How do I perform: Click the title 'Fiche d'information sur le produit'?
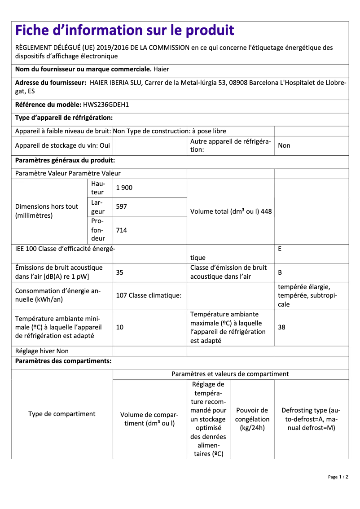(x=125, y=31)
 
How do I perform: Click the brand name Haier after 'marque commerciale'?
(x=161, y=70)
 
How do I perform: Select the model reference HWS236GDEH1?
(x=106, y=105)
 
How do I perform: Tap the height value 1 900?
(x=124, y=188)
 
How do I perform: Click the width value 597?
(x=122, y=207)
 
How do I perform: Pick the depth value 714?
(x=122, y=230)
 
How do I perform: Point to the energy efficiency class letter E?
(x=280, y=248)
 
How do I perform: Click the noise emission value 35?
(x=120, y=272)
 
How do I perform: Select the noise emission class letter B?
(x=280, y=272)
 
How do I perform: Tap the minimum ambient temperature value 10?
(x=120, y=327)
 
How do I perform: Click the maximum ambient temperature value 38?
(x=281, y=327)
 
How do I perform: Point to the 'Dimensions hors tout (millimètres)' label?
(x=47, y=211)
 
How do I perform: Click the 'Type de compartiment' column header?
(x=62, y=414)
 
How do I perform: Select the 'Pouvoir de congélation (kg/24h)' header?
(x=252, y=419)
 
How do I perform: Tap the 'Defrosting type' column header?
(x=311, y=419)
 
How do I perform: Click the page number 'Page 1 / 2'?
(x=338, y=477)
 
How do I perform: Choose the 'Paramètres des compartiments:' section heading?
(x=63, y=361)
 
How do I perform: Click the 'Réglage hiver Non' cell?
(x=42, y=351)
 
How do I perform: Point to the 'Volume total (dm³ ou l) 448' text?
(x=231, y=211)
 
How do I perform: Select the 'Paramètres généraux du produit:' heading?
(x=65, y=160)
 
